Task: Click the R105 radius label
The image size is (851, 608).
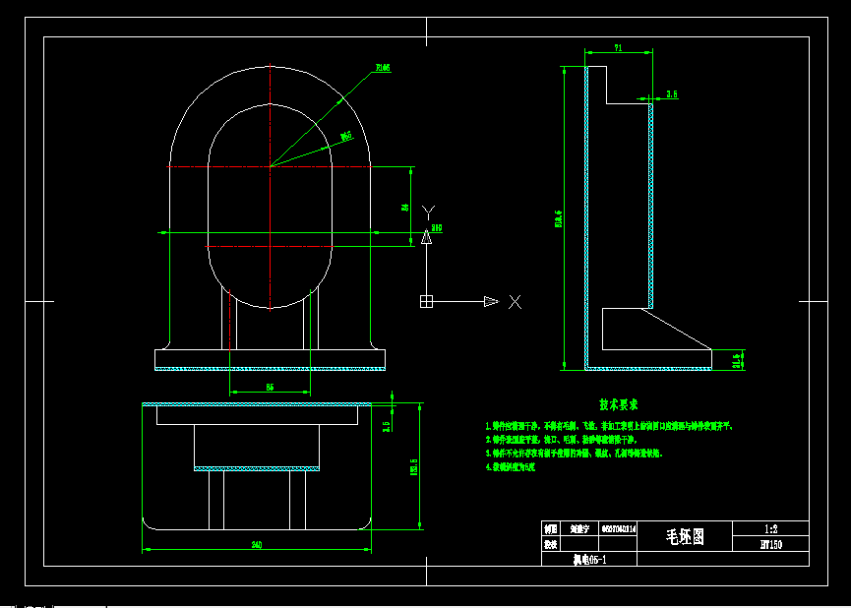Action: [383, 68]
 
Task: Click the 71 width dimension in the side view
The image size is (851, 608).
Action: [618, 47]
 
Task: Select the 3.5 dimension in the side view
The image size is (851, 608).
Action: [672, 94]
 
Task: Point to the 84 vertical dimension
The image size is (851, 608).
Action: [404, 208]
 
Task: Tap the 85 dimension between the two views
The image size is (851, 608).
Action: [270, 387]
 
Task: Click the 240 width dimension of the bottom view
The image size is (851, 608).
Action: [257, 544]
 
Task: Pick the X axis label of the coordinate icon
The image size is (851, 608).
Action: [515, 302]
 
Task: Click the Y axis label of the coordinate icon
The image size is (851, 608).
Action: [427, 211]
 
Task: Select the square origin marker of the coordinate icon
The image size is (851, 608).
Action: [426, 301]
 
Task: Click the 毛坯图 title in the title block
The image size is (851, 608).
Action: [685, 536]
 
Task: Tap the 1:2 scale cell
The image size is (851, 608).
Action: [770, 528]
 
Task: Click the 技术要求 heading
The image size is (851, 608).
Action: [619, 404]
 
